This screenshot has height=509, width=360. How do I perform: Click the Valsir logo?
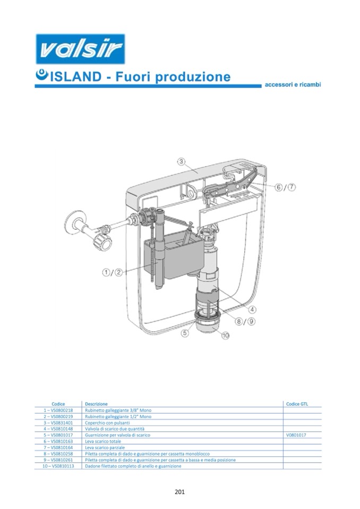pos(80,49)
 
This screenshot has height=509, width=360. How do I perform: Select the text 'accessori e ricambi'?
pos(293,84)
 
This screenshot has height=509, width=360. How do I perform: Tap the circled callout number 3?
pos(181,162)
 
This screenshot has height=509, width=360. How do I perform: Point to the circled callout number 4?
pos(252,309)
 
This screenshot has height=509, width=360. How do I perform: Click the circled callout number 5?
pos(185,333)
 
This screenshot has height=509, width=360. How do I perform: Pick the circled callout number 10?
pos(226,335)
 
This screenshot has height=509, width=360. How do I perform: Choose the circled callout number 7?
pos(292,187)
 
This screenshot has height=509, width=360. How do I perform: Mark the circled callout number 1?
pos(106,272)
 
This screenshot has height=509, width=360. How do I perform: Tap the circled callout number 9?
pos(251,321)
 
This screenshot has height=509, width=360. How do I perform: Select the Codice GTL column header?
pos(297,404)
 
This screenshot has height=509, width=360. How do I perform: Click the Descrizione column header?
pos(96,404)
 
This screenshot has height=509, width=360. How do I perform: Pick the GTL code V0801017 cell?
pos(296,435)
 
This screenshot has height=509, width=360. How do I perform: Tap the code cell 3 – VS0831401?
pos(58,422)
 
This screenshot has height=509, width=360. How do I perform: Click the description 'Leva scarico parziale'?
pos(105,447)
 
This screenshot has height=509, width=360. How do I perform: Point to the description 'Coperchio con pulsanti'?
pos(107,422)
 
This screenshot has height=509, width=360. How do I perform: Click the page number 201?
pos(179,492)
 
